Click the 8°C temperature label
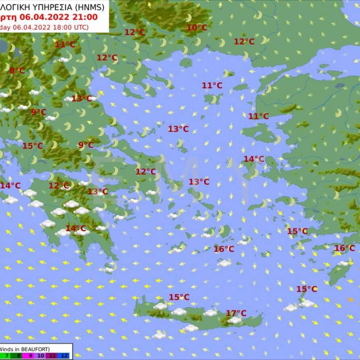pos(17,71)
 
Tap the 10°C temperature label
pos(197,28)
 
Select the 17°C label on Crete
pos(236,313)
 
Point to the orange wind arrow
pos(350,299)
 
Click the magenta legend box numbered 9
pos(30,356)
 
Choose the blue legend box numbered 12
pos(65,356)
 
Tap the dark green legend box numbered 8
pos(19,356)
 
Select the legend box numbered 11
pos(53,356)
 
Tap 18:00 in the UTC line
pos(64,27)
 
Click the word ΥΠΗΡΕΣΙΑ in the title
pos(53,7)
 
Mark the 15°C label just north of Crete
pos(179,297)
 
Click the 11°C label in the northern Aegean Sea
pos(212,86)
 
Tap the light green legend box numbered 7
pos(7,356)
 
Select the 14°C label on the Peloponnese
pos(76,228)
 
